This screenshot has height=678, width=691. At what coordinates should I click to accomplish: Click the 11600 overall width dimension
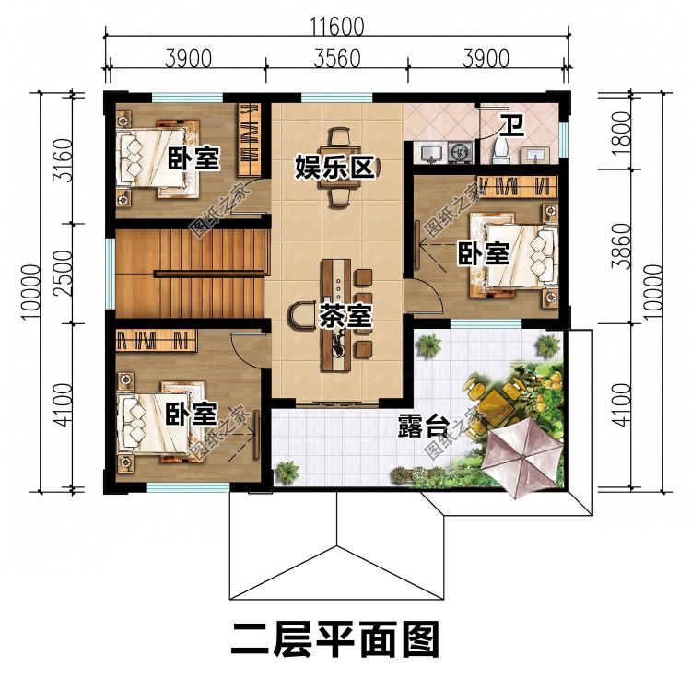tap(337, 27)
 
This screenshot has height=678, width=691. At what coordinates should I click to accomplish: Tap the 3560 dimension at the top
tap(337, 59)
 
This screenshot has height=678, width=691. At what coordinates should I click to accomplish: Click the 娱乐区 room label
tap(335, 167)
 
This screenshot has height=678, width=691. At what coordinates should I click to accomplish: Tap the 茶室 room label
tap(345, 315)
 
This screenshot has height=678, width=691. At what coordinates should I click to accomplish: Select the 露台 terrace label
tap(424, 426)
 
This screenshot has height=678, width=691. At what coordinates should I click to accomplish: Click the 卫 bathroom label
tap(511, 124)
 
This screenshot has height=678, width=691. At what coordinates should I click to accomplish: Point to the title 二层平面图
tap(335, 639)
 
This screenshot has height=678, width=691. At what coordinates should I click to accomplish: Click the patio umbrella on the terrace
tap(521, 457)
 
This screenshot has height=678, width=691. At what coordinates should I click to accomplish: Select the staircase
tap(193, 273)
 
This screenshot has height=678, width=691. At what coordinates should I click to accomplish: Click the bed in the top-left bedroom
tap(158, 158)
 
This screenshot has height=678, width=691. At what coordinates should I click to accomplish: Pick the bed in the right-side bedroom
tap(514, 255)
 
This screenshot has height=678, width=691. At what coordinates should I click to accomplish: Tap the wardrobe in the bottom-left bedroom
tap(157, 340)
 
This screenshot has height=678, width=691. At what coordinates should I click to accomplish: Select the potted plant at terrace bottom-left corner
tap(287, 472)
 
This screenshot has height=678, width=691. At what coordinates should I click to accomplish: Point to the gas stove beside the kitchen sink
tap(460, 152)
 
